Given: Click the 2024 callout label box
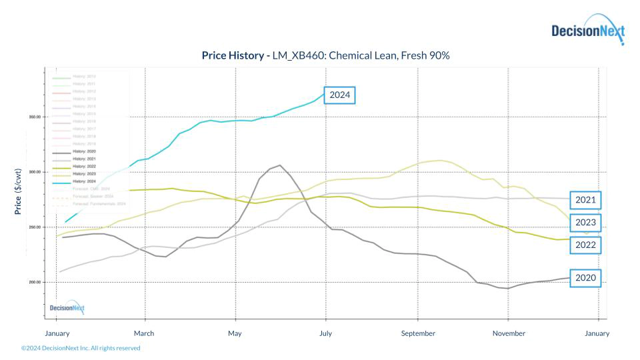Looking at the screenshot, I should pos(339,95).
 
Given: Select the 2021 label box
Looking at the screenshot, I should pos(586,200).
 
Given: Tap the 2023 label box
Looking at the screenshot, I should pos(586,223).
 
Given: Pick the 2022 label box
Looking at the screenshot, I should pos(586,245).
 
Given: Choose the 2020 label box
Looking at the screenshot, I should pos(586,278).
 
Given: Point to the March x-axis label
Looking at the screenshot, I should pos(144,333).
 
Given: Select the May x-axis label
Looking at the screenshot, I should pos(235,333).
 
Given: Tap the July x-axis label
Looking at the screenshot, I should pos(326,333).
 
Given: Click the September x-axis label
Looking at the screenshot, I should pos(418,333).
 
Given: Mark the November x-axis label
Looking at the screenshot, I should pos(509,333).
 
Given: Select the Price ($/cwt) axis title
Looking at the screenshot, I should pos(18,191).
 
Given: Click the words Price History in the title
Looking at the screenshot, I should pos(233,55).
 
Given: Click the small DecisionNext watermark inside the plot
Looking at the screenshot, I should pos(67,308).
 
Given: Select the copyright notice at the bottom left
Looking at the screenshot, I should pos(81,348).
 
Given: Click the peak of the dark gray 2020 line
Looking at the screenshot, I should pos(280,165).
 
